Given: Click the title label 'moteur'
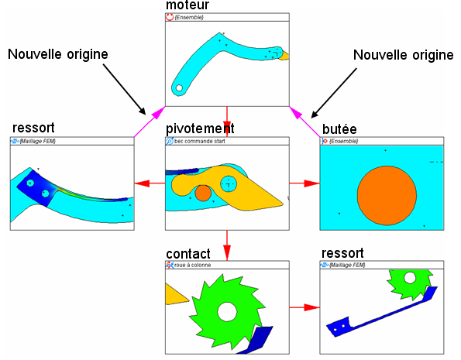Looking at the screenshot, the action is [x=187, y=5].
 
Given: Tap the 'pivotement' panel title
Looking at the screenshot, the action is [x=200, y=129].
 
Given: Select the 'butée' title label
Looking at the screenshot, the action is [x=339, y=129].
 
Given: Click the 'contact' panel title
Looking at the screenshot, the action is [x=188, y=254].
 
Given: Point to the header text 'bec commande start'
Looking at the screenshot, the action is [x=200, y=141].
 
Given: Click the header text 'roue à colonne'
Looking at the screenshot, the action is [x=193, y=265].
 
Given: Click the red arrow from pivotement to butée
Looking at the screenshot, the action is [x=304, y=183].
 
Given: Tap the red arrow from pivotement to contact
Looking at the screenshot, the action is [x=227, y=245].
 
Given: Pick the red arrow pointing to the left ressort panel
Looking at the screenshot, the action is [x=150, y=183].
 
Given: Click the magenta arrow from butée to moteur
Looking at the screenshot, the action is [x=304, y=122].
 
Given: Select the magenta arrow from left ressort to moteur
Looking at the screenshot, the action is [x=150, y=122].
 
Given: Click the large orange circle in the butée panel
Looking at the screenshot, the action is [x=387, y=195].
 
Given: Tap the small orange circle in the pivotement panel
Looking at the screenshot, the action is [x=203, y=193].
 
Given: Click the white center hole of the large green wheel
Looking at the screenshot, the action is [x=227, y=312].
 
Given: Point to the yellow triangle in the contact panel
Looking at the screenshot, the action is [x=176, y=294].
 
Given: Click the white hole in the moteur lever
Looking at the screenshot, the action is [x=179, y=87].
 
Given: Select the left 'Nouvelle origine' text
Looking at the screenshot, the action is [x=58, y=54].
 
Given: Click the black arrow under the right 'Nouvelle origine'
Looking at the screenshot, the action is [x=334, y=93].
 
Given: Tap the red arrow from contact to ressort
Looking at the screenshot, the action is [x=304, y=307].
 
